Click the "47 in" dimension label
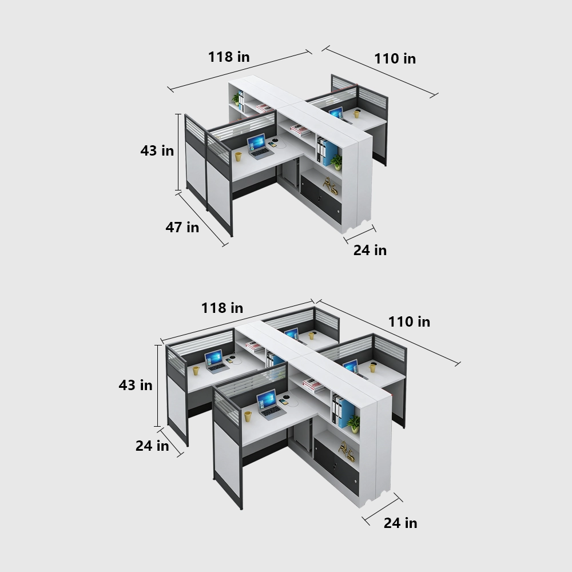[182, 227]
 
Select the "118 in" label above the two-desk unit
[228, 57]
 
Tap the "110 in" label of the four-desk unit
[409, 321]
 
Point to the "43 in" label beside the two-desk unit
[157, 150]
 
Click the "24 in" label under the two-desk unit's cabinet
[370, 250]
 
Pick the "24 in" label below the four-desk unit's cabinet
[400, 523]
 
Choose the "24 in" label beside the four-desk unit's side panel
[152, 446]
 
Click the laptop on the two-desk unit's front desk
[259, 146]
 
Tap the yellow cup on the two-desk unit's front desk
[238, 156]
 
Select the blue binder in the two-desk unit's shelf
[331, 153]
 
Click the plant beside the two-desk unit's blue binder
[337, 161]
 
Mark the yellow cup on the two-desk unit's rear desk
[357, 113]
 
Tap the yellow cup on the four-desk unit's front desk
[248, 416]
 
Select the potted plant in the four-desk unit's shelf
[355, 423]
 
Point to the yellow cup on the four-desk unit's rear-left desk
[196, 370]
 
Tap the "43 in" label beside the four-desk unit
[136, 385]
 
